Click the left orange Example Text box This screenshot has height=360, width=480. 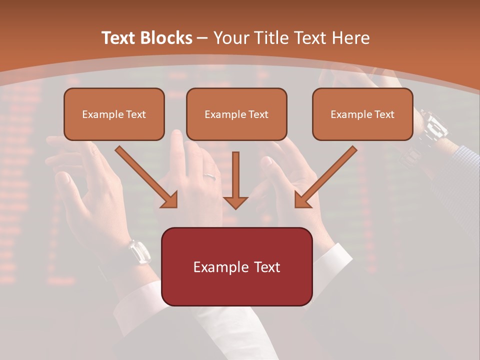tap(114, 114)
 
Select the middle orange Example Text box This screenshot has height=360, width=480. tap(236, 114)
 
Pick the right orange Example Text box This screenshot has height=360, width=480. tap(362, 114)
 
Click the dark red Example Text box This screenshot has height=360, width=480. tap(236, 266)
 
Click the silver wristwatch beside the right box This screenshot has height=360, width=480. tap(433, 125)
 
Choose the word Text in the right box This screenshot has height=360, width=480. tap(384, 114)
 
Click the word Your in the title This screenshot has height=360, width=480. tap(230, 38)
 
